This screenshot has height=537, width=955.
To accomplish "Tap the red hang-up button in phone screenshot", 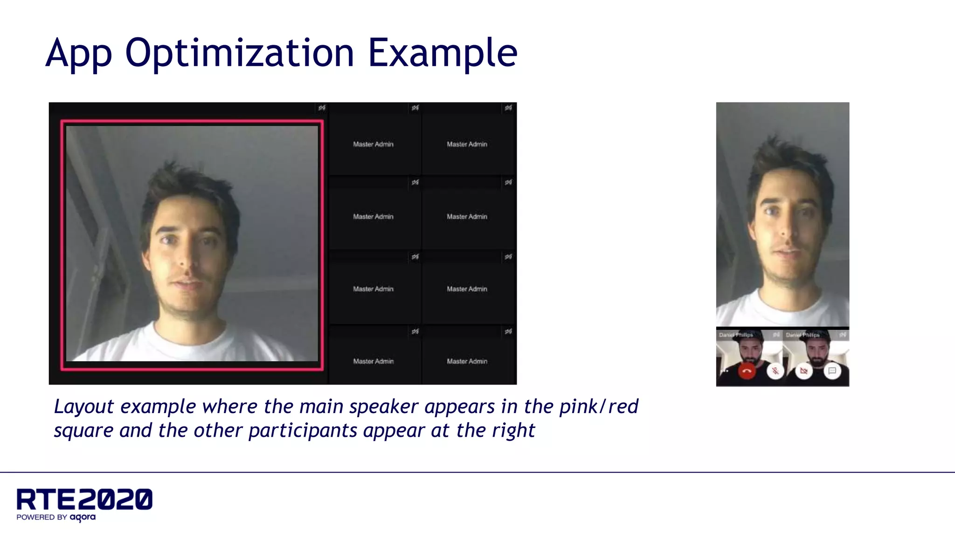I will point(747,371).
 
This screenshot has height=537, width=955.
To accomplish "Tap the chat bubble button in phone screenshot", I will point(832,371).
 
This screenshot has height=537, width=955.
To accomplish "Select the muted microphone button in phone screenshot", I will point(775,371).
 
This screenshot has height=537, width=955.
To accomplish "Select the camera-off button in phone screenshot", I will point(803,371).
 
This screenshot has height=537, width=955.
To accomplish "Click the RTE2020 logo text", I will point(84,500).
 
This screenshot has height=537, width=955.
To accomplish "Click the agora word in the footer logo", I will point(83,517).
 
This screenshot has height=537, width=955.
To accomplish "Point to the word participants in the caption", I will point(303,430).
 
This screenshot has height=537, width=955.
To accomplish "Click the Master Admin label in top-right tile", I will point(467,145).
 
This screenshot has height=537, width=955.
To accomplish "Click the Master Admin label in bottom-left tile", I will point(373,361).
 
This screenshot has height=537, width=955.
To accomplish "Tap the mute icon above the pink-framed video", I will point(322,108).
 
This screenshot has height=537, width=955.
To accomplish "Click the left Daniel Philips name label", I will point(736,335).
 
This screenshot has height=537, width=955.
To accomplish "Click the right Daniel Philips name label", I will point(803,335).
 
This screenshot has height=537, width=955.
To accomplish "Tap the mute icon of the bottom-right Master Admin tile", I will point(508,331).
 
